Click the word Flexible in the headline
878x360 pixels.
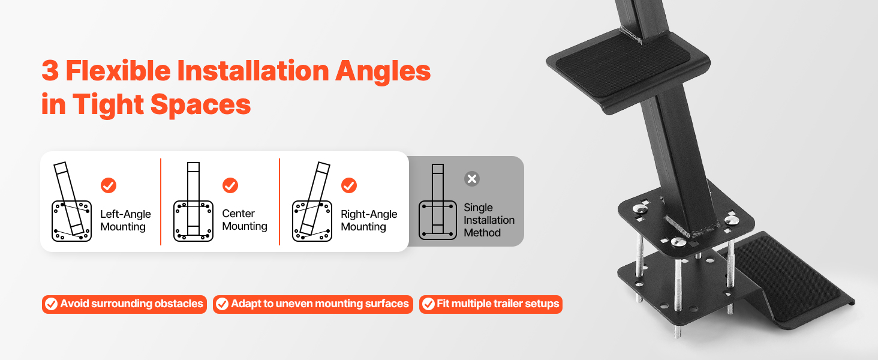point(118,71)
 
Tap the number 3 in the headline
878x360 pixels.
point(50,71)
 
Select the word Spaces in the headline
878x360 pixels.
point(200,105)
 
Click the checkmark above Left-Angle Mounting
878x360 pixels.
point(109,185)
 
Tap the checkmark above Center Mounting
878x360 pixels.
point(230,185)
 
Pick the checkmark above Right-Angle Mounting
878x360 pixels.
point(349,185)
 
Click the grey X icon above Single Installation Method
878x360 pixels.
point(472,179)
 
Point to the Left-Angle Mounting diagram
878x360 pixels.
point(71,202)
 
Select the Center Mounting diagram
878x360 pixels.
point(193,202)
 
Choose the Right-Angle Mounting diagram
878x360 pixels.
point(312,202)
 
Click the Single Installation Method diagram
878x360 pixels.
point(437,202)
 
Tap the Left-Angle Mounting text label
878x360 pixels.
point(125,220)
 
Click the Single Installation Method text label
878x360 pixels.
point(489,220)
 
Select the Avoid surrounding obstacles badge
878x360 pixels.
point(124,304)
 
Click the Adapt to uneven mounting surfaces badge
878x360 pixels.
point(313,304)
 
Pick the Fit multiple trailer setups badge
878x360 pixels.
point(491,304)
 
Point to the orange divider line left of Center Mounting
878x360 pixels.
point(161,202)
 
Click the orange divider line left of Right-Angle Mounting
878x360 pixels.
point(279,202)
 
